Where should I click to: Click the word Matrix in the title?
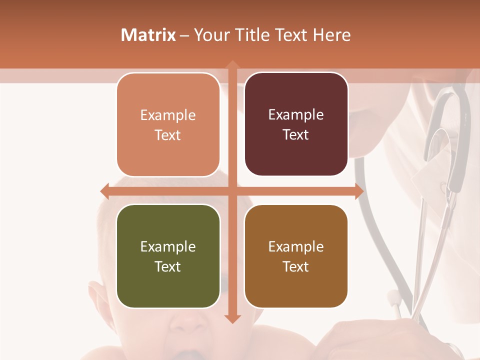coord(148,35)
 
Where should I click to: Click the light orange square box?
coord(168,125)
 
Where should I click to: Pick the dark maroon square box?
coord(296,124)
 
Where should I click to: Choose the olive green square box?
coord(168,256)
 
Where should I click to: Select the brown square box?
coord(296,256)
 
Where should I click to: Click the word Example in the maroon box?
coord(296,114)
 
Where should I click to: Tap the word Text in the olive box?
coord(168,266)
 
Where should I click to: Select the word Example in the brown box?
coord(296,246)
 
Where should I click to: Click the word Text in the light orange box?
coord(168,135)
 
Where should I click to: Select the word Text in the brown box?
coord(296,266)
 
